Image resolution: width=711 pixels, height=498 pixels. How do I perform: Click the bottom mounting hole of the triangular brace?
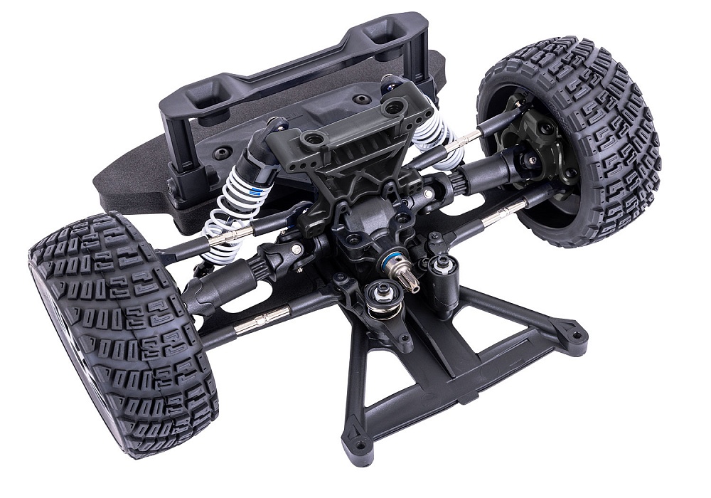357,446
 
